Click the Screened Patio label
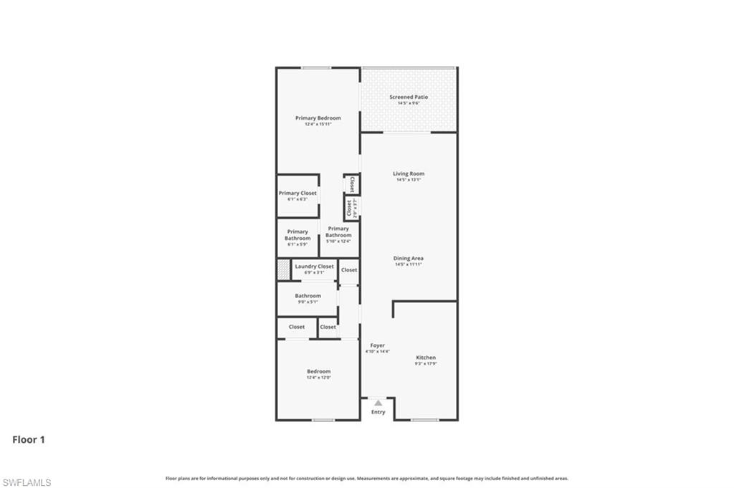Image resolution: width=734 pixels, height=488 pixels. (x=409, y=97)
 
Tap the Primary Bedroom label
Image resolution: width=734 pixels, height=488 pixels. (x=318, y=118)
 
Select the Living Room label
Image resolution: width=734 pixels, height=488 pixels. (x=409, y=173)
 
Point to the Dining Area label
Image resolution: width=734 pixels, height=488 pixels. (x=409, y=258)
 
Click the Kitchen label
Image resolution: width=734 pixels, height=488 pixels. (x=426, y=358)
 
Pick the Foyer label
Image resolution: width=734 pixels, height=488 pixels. (x=377, y=345)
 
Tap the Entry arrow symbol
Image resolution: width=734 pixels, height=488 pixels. (x=378, y=403)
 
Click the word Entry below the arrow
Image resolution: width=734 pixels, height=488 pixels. (x=378, y=412)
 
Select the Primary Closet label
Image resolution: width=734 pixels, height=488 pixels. (x=297, y=193)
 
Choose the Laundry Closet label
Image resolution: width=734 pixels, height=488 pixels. (x=315, y=267)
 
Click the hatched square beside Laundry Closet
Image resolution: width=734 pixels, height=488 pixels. (x=283, y=269)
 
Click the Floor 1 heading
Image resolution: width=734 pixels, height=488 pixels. (x=29, y=440)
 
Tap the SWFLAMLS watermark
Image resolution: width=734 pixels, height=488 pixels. (x=27, y=482)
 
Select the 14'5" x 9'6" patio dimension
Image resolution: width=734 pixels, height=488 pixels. (x=409, y=103)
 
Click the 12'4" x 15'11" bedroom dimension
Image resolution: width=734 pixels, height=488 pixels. (x=318, y=124)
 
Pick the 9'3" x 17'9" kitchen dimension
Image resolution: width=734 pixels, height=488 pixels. (x=426, y=364)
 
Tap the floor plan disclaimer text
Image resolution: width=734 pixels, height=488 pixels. (x=367, y=479)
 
